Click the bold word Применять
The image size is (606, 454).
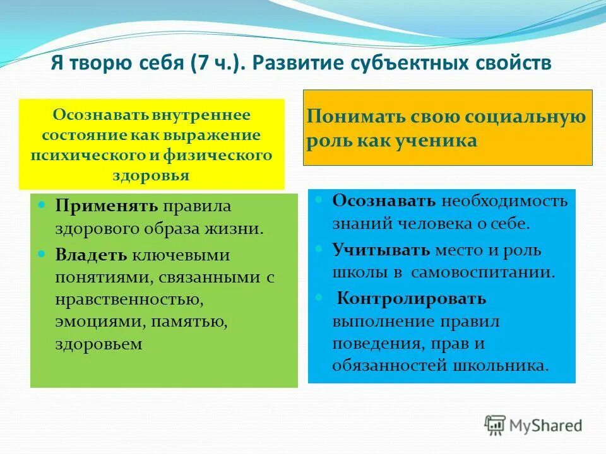pos(107,207)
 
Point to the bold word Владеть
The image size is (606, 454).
pos(91,255)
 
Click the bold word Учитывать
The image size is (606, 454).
pos(381,250)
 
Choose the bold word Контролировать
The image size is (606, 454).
pos(411,298)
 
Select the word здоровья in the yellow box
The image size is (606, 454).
pos(151,175)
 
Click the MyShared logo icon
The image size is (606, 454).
pos(496,425)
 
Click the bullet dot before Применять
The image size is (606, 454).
pos(42,206)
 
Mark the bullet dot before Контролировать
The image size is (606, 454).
pos(320,296)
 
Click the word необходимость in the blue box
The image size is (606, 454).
pos(504,201)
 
